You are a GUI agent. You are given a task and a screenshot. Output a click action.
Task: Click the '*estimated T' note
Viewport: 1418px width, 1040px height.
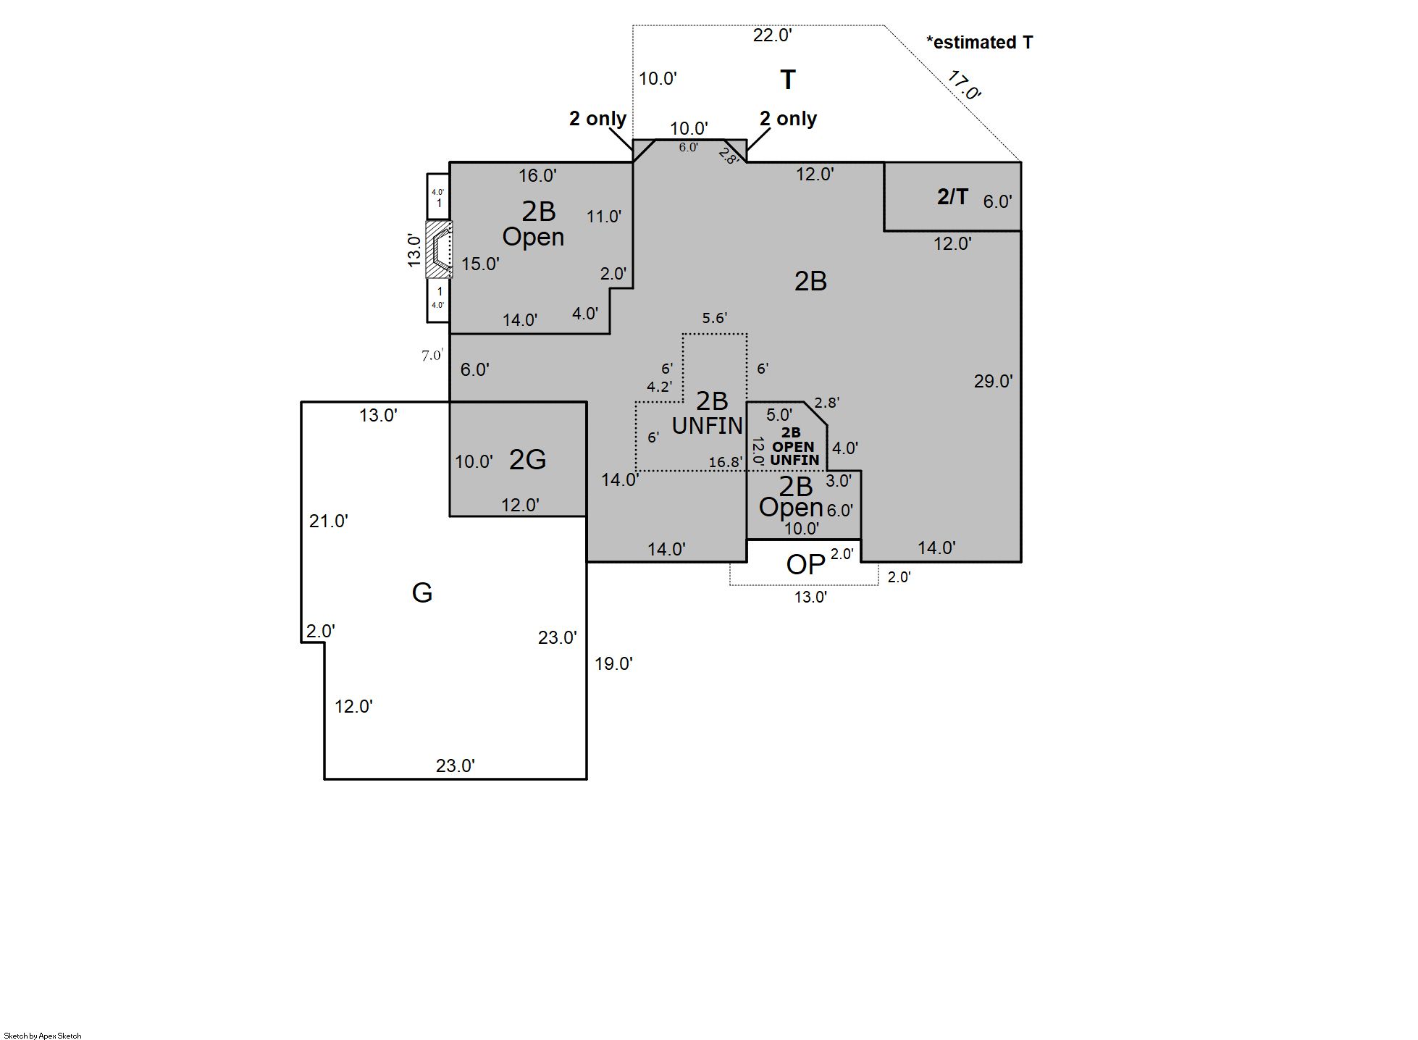click(979, 43)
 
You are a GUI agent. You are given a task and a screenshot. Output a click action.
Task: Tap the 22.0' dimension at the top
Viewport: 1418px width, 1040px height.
click(772, 35)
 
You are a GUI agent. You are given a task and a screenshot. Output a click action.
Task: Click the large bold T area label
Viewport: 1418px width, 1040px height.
click(788, 80)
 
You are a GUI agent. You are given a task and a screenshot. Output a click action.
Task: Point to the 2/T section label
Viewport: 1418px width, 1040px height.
click(952, 196)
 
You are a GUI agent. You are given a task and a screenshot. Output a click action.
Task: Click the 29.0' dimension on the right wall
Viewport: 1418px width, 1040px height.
click(993, 381)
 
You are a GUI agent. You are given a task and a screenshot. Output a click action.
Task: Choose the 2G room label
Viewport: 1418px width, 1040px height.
click(527, 459)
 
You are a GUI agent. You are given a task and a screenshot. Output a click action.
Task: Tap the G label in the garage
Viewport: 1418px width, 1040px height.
click(422, 593)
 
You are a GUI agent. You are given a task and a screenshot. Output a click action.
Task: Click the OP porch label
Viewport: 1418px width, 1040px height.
click(805, 565)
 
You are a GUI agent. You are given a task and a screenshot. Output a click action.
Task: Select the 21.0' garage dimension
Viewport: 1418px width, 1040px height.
click(329, 521)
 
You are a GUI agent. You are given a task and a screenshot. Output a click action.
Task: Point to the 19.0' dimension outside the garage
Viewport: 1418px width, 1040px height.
click(613, 663)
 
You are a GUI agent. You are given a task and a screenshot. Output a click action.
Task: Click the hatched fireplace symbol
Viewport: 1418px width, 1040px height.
click(439, 250)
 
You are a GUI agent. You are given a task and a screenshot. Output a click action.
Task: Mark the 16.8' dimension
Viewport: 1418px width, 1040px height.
click(725, 462)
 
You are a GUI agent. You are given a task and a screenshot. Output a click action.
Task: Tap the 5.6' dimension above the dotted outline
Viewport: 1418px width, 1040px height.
click(714, 318)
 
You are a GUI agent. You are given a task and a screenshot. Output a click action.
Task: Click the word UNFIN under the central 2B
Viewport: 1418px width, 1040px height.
click(708, 426)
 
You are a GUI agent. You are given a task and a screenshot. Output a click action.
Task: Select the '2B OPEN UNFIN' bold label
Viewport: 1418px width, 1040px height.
click(793, 446)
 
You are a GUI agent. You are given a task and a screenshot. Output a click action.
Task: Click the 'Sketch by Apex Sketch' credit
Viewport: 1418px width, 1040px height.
click(43, 1036)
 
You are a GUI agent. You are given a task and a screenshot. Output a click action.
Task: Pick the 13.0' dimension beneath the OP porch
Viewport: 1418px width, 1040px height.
click(810, 597)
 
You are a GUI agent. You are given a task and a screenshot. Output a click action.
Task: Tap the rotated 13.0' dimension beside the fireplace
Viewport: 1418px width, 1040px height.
click(414, 250)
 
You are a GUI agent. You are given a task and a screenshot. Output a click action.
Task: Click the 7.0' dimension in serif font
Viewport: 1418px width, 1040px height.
click(432, 356)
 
